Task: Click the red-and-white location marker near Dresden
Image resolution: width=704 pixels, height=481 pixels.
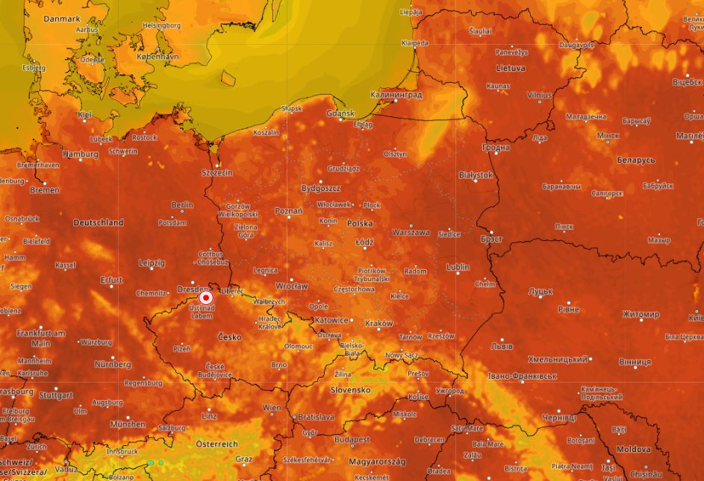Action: (207, 297)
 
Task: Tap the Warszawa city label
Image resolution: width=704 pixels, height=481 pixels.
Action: (411, 232)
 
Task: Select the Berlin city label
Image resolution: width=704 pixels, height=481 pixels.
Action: (182, 204)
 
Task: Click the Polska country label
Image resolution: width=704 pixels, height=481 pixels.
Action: (360, 224)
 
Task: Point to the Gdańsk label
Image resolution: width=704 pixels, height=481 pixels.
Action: (340, 113)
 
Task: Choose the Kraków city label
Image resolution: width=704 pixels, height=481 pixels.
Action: (379, 323)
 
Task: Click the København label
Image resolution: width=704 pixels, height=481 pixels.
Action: (158, 57)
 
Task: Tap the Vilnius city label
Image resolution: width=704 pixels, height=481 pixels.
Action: (539, 95)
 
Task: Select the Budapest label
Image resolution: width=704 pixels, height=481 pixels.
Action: (352, 440)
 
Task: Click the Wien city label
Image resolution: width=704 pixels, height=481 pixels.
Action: (272, 408)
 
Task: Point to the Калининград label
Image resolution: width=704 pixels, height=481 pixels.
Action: (396, 95)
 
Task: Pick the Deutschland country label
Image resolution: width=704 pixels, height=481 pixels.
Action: (99, 222)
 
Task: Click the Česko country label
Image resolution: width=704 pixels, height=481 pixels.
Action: (230, 337)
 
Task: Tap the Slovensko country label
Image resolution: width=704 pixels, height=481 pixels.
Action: (350, 390)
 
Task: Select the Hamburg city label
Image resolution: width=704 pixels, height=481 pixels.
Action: (81, 154)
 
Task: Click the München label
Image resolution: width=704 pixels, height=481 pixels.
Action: (128, 424)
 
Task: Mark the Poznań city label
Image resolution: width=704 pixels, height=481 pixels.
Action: (288, 211)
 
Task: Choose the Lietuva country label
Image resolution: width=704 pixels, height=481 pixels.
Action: (511, 68)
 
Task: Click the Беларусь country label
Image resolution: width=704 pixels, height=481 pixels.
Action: (635, 160)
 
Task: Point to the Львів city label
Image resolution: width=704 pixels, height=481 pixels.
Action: (501, 346)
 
